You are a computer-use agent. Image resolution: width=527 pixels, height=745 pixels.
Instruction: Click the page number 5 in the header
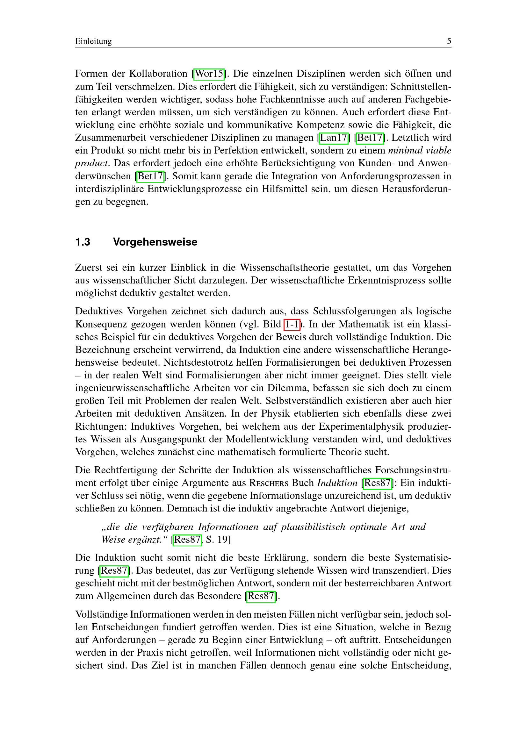(x=449, y=41)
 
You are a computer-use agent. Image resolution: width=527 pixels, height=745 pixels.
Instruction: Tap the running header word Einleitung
(x=93, y=41)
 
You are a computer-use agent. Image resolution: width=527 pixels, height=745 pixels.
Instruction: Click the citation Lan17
(x=334, y=138)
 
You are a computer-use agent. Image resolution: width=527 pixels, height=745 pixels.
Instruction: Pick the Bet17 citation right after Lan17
(x=370, y=138)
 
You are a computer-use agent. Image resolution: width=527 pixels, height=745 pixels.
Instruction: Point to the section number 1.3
(x=83, y=242)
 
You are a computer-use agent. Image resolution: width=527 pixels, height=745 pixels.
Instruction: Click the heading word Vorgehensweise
(x=155, y=242)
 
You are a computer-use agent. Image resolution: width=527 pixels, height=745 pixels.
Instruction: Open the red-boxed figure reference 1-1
(x=292, y=325)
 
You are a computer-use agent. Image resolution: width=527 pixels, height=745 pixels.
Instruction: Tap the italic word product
(x=91, y=163)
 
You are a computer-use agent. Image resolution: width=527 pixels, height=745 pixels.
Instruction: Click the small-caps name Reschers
(x=269, y=483)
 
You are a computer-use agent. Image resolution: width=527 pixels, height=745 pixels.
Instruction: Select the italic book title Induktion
(x=337, y=483)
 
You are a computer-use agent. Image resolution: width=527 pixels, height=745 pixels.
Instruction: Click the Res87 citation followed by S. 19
(x=187, y=540)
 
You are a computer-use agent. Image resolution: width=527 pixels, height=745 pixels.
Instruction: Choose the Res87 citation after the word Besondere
(x=261, y=596)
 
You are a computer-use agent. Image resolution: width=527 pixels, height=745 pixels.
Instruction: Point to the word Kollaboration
(x=158, y=74)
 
